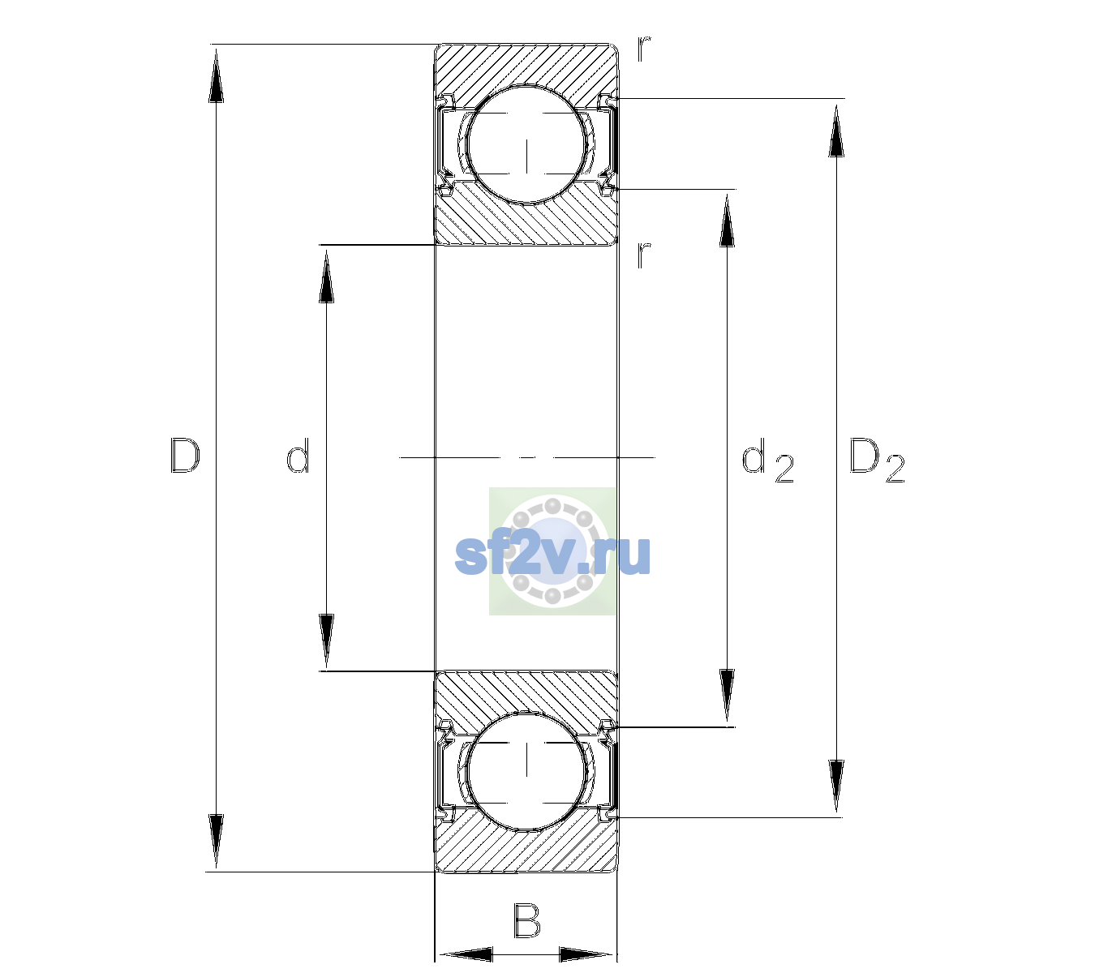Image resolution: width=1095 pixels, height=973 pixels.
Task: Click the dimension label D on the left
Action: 185,456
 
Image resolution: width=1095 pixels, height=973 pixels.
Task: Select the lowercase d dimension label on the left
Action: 298,456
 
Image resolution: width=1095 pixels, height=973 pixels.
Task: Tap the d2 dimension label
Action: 767,460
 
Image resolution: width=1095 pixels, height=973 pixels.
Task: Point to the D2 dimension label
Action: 877,460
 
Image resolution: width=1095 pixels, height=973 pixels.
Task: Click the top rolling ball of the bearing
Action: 527,144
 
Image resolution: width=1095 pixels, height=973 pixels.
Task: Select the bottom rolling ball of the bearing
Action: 527,771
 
